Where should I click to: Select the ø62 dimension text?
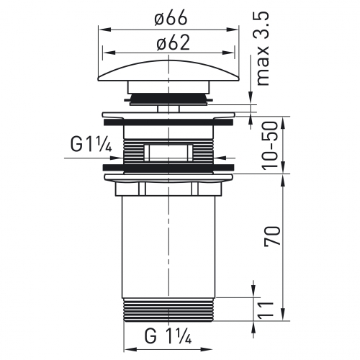click(174, 43)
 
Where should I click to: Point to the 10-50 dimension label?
click(270, 146)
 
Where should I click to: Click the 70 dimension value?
click(272, 235)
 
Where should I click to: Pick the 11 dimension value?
click(266, 310)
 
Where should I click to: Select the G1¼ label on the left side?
click(91, 145)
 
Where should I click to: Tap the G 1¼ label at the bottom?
click(168, 336)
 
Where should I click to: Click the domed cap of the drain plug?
click(168, 70)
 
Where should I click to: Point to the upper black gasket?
click(168, 122)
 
